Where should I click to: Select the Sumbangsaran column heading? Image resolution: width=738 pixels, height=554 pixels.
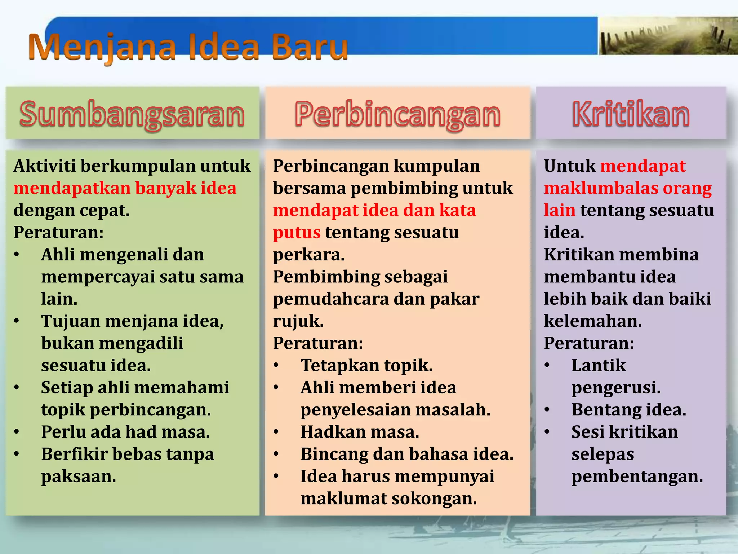click(x=132, y=114)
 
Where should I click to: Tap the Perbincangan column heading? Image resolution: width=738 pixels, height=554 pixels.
click(x=397, y=114)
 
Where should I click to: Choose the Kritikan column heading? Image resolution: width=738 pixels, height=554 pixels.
click(x=631, y=114)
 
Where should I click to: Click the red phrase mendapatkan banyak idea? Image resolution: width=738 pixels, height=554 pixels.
click(x=125, y=188)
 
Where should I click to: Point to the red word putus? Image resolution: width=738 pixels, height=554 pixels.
click(x=297, y=233)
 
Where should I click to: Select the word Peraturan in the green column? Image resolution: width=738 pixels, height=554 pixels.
click(x=58, y=233)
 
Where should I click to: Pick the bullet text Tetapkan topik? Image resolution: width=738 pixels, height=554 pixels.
click(x=366, y=365)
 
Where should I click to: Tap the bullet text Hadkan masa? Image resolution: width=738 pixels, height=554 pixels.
click(x=360, y=432)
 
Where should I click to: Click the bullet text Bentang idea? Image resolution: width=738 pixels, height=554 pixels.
click(x=629, y=410)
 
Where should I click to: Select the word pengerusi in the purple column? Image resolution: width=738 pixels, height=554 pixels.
click(x=616, y=388)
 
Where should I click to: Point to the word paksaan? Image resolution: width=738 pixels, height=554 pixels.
click(x=79, y=476)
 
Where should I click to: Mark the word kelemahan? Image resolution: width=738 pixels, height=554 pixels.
click(x=593, y=321)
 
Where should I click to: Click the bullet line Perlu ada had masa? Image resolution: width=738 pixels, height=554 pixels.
click(x=125, y=432)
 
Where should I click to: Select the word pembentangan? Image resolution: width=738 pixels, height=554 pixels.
click(x=637, y=476)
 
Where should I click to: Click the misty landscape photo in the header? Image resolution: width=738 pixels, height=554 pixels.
click(x=668, y=36)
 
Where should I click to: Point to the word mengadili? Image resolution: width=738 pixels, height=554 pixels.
click(x=141, y=343)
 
